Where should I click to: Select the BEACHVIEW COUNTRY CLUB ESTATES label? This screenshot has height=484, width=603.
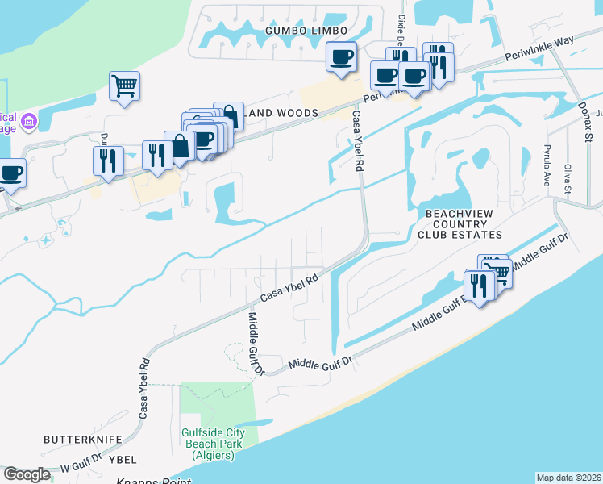point(459,223)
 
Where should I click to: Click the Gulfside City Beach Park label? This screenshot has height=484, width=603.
point(208,443)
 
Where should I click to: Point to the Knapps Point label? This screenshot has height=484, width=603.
point(153,481)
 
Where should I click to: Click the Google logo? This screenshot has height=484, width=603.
point(27,474)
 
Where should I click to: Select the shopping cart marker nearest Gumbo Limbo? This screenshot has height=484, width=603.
point(124,85)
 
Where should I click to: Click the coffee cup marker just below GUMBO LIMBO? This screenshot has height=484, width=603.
point(341,57)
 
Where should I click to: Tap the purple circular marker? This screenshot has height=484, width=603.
point(29,122)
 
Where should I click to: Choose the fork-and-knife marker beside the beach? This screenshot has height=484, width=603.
point(479,286)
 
